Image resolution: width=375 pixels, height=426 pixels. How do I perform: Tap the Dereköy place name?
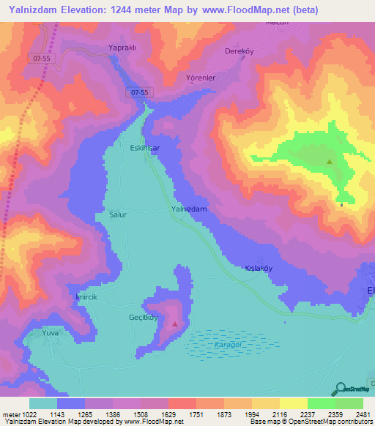click(x=239, y=52)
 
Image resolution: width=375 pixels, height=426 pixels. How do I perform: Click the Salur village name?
click(x=117, y=215)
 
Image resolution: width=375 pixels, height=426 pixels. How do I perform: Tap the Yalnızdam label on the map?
click(x=190, y=209)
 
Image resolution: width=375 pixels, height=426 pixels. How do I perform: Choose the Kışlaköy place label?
click(x=259, y=268)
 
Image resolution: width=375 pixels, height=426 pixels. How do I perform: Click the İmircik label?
click(x=86, y=296)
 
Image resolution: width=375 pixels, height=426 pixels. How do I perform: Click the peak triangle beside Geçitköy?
click(x=174, y=323)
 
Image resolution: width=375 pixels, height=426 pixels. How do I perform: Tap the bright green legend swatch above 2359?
click(x=321, y=403)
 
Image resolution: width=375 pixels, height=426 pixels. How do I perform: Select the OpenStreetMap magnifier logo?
click(x=339, y=389)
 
